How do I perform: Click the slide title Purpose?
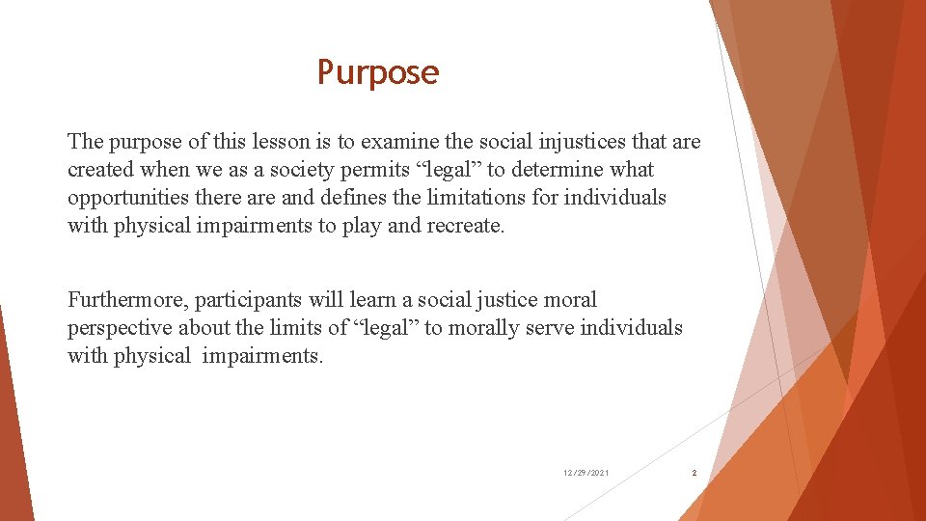378,72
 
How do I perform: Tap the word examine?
398,142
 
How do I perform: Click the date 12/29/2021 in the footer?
586,473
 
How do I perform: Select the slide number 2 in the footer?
694,473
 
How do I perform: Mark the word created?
100,170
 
